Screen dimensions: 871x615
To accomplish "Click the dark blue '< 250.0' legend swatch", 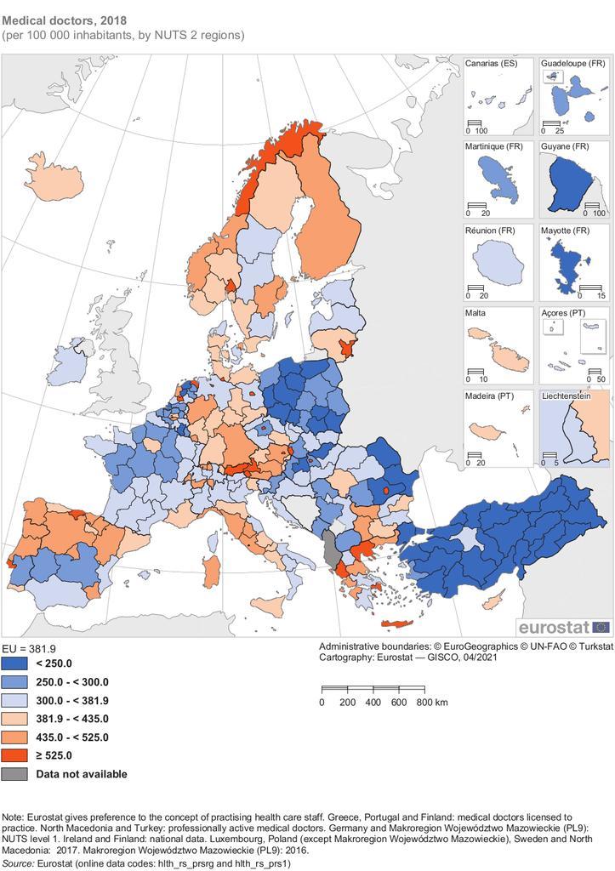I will pos(16,663).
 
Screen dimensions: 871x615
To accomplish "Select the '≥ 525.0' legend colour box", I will pos(16,755).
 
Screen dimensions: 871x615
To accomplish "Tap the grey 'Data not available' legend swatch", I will pos(16,774).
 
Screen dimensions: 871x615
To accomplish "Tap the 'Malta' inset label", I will pos(477,313).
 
